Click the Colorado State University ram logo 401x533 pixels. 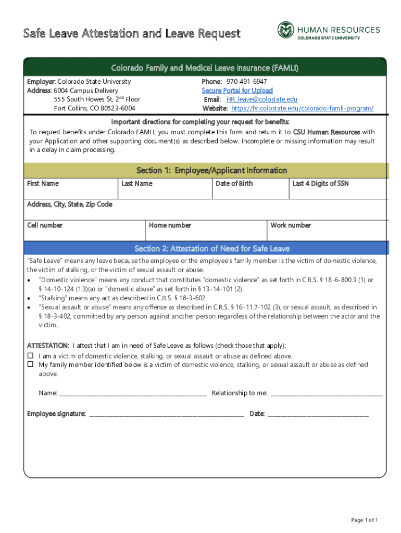tap(286, 30)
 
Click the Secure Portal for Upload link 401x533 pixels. tap(237, 91)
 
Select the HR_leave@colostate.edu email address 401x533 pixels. tap(262, 99)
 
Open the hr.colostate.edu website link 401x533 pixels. tap(302, 108)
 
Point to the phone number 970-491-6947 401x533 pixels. tap(246, 82)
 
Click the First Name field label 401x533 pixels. tap(43, 184)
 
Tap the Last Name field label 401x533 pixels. tap(137, 184)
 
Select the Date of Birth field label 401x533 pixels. tap(234, 184)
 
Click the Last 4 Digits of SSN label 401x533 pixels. tap(321, 184)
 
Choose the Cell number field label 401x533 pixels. tap(45, 225)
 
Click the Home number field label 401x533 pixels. tap(170, 225)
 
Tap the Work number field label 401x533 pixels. tap(291, 225)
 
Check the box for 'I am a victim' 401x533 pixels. tap(30, 356)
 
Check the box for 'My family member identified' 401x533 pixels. tap(30, 365)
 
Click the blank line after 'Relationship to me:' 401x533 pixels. tap(327, 394)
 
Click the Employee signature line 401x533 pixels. tap(167, 414)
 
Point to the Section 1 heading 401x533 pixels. tap(211, 171)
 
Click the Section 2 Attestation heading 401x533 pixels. tap(212, 248)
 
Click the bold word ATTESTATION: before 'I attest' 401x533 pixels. tap(48, 346)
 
